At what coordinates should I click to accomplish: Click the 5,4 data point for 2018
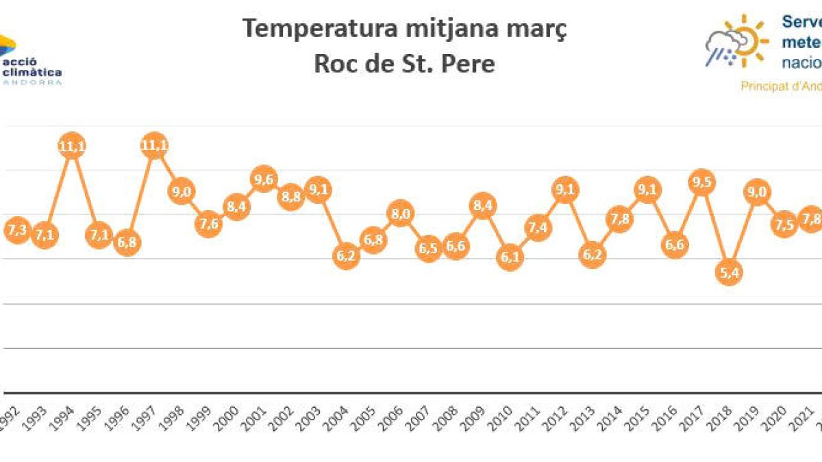(x=729, y=273)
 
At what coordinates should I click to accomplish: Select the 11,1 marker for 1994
(x=72, y=146)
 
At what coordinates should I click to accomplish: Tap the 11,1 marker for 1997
(x=154, y=145)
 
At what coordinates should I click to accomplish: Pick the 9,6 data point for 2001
(x=264, y=179)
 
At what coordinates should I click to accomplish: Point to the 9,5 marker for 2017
(x=701, y=182)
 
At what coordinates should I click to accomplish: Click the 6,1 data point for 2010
(x=510, y=258)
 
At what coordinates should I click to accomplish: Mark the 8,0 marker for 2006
(x=400, y=214)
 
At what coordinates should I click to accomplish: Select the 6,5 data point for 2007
(x=428, y=248)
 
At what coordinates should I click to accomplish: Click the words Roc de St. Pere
(x=404, y=64)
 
